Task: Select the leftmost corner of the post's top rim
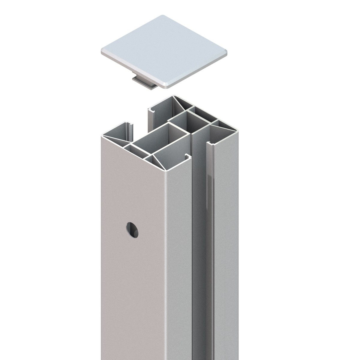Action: click(x=102, y=135)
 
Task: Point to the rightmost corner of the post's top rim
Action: click(x=237, y=131)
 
